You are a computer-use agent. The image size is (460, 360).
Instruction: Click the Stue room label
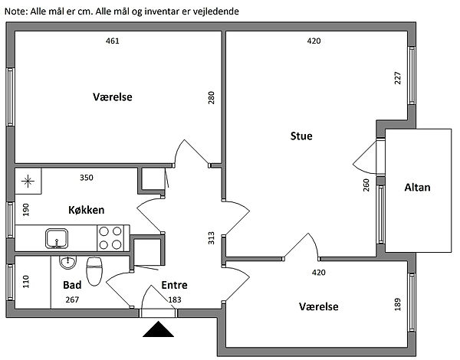(301, 136)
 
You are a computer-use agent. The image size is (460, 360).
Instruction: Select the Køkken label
(86, 210)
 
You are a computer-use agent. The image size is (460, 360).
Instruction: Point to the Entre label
(174, 285)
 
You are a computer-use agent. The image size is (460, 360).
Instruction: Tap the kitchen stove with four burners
(110, 237)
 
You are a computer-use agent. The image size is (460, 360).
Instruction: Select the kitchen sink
(57, 238)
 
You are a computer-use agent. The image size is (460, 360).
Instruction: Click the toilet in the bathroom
(95, 270)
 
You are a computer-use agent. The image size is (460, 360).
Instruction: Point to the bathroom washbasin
(67, 261)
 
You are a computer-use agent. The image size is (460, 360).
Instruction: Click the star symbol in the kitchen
(28, 182)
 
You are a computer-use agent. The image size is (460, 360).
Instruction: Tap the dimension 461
(112, 41)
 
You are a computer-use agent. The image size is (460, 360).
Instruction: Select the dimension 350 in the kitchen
(87, 178)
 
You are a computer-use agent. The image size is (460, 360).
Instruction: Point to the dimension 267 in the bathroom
(72, 299)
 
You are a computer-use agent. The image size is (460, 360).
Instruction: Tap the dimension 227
(398, 79)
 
